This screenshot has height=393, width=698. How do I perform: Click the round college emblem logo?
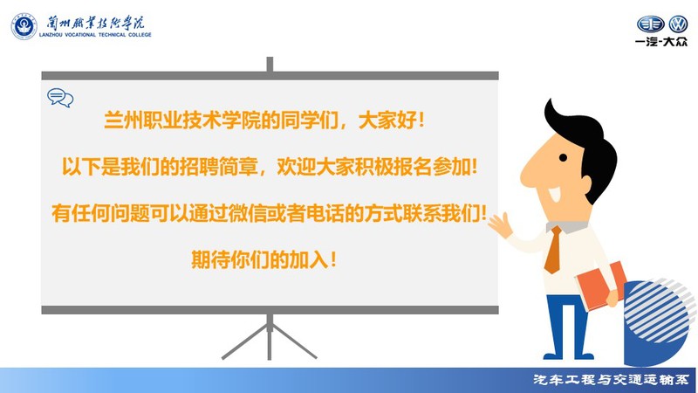[24, 26]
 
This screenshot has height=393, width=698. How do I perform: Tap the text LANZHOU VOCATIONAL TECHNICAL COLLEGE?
[95, 35]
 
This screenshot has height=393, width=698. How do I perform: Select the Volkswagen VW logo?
[679, 24]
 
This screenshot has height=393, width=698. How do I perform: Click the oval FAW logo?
[651, 24]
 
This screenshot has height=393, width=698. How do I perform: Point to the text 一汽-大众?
[661, 42]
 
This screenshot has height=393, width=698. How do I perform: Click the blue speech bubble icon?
[60, 98]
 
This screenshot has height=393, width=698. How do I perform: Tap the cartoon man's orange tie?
[553, 250]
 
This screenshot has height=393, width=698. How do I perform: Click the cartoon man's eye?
[563, 157]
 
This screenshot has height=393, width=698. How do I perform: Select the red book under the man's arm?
[601, 286]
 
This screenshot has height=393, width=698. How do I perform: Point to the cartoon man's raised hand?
[500, 224]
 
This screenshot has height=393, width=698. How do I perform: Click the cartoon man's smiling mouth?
[554, 194]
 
